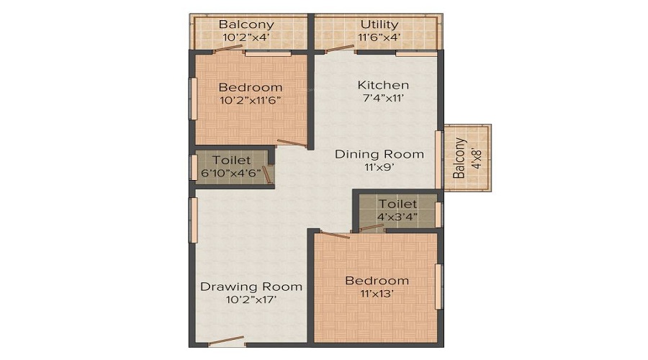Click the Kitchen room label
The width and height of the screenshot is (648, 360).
click(383, 85)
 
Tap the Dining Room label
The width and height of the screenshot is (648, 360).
click(379, 154)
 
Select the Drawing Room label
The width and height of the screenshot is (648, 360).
click(251, 287)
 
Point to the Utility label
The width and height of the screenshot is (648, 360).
click(379, 24)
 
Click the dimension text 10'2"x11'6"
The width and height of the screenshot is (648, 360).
click(251, 100)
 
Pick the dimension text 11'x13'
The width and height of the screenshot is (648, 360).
click(377, 294)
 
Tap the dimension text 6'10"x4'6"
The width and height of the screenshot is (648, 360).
click(231, 173)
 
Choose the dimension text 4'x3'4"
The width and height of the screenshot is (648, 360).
click(397, 217)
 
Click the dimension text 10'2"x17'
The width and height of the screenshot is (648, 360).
click(251, 300)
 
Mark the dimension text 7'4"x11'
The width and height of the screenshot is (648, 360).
click(383, 99)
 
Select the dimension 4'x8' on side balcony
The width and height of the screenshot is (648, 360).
click(477, 158)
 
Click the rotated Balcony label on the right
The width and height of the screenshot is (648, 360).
click(459, 158)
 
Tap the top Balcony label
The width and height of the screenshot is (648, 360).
click(246, 24)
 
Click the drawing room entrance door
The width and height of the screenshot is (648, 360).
click(227, 341)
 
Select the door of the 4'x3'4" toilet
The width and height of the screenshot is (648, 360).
click(372, 228)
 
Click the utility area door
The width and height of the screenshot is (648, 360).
click(339, 49)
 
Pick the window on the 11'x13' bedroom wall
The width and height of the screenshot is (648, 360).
click(438, 287)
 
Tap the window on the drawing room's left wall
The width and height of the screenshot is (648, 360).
click(193, 220)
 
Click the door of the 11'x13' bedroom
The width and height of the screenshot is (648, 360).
click(336, 235)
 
